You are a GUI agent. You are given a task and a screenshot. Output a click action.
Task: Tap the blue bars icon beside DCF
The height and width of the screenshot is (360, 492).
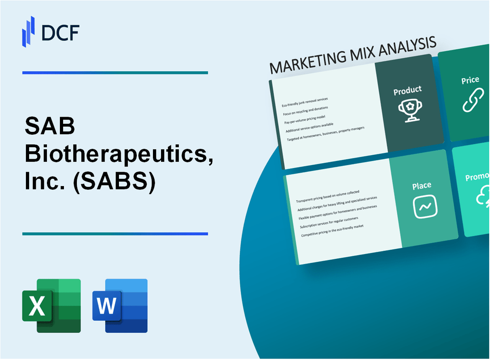(x=29, y=31)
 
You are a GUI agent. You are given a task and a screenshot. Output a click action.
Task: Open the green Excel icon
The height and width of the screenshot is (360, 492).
(x=51, y=305)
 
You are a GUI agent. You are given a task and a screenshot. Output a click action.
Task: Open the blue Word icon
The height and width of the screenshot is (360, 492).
(x=120, y=305)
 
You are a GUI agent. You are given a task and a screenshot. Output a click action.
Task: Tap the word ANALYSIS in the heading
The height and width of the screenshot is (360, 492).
(x=403, y=47)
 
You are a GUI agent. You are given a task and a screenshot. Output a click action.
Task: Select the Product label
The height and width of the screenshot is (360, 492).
(x=407, y=90)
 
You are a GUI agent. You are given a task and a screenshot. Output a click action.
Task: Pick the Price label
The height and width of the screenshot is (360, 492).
(x=470, y=80)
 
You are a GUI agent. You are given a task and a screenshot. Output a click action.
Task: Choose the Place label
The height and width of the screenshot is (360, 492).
(x=422, y=185)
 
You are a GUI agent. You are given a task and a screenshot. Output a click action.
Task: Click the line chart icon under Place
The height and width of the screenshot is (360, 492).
(x=424, y=206)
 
